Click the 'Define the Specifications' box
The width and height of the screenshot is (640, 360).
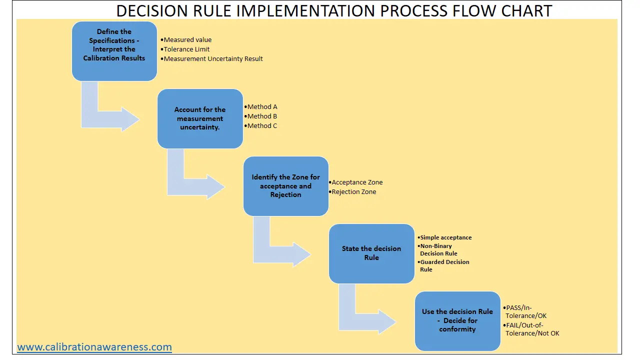point(114,50)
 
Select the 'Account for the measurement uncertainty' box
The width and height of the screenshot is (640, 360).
point(200,118)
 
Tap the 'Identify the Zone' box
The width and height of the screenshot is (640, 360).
point(286,186)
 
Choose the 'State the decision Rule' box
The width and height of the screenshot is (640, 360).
point(371,253)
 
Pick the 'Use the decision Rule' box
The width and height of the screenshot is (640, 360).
point(457,320)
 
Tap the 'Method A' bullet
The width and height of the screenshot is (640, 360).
point(262,106)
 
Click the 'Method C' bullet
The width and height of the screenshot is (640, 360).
point(262,125)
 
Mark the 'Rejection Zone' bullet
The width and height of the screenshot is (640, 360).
point(353,191)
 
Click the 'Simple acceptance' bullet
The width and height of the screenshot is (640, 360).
point(445,237)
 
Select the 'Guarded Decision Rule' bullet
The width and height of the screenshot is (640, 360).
point(444,265)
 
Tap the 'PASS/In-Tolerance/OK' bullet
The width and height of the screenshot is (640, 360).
point(525,311)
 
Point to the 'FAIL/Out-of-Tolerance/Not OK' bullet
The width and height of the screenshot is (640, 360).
point(532,329)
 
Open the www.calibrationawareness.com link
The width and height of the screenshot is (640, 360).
point(94,346)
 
